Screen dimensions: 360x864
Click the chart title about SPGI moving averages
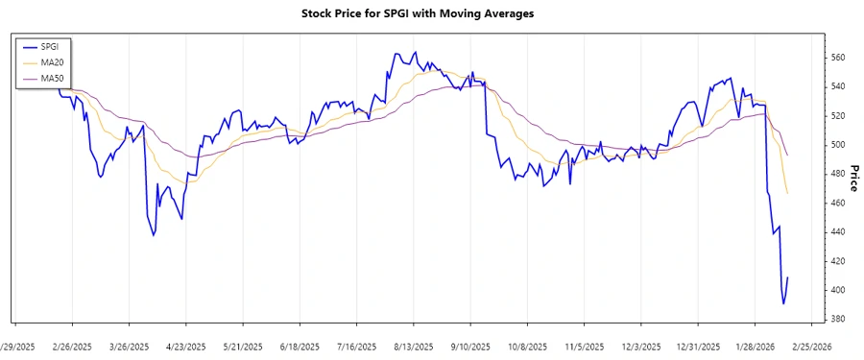[x=432, y=14]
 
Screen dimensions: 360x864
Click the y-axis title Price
[x=852, y=179]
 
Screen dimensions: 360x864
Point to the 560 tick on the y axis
[x=838, y=58]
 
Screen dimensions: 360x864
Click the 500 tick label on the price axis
[x=838, y=145]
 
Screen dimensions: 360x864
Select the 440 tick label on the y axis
[x=838, y=232]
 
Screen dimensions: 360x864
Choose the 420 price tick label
[x=838, y=261]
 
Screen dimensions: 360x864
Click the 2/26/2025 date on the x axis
[x=72, y=347]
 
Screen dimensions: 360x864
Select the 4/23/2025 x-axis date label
[x=186, y=347]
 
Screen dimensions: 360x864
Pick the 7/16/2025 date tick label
[x=356, y=347]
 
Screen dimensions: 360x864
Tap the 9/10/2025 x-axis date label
[x=469, y=347]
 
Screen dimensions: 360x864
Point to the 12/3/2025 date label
[x=640, y=347]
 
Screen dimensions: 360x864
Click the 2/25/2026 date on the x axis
[x=811, y=347]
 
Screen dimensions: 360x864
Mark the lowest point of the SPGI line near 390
[x=783, y=304]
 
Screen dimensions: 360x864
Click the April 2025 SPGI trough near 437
[x=154, y=235]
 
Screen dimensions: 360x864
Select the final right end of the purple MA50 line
[x=787, y=156]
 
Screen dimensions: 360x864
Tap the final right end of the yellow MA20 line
[x=787, y=194]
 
